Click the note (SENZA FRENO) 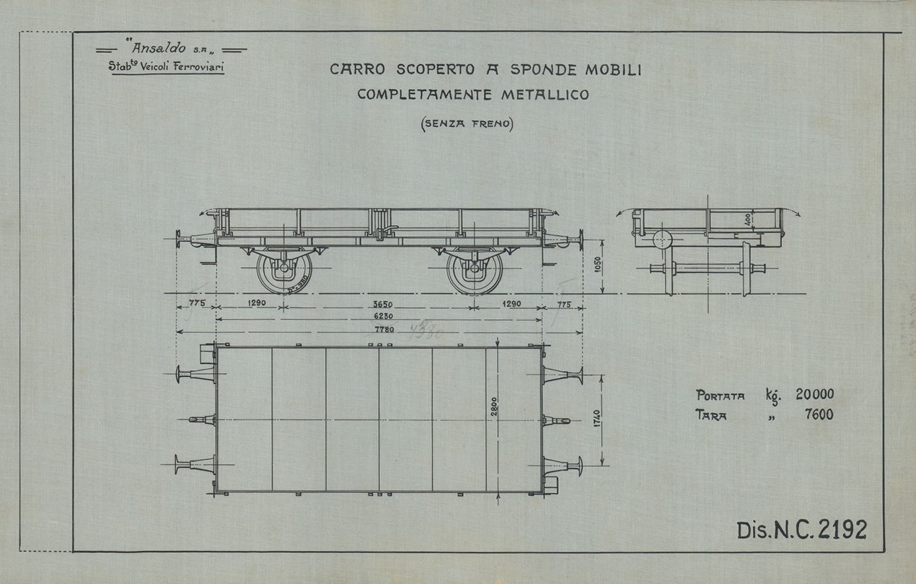(x=466, y=123)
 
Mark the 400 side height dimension (x=749, y=218)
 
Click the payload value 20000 (x=814, y=395)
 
